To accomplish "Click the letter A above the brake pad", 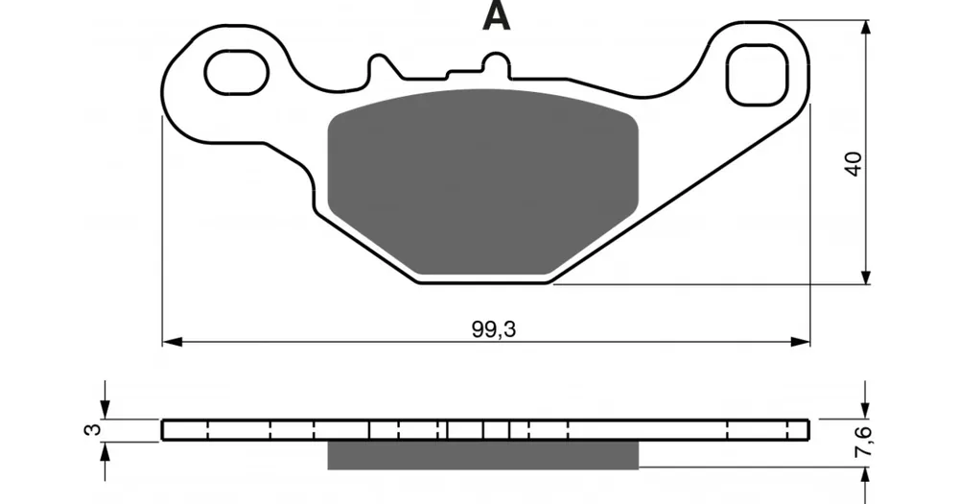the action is click(x=496, y=16).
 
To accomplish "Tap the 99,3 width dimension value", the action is click(x=494, y=329).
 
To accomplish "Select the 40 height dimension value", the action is click(x=854, y=163).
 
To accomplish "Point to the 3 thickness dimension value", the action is click(x=91, y=429).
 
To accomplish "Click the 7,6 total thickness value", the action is click(x=864, y=441).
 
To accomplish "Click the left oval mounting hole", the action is click(x=237, y=73).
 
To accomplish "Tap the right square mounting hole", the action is click(x=757, y=75).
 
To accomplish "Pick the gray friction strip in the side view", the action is click(x=483, y=455).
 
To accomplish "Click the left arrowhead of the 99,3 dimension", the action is click(x=172, y=341).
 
